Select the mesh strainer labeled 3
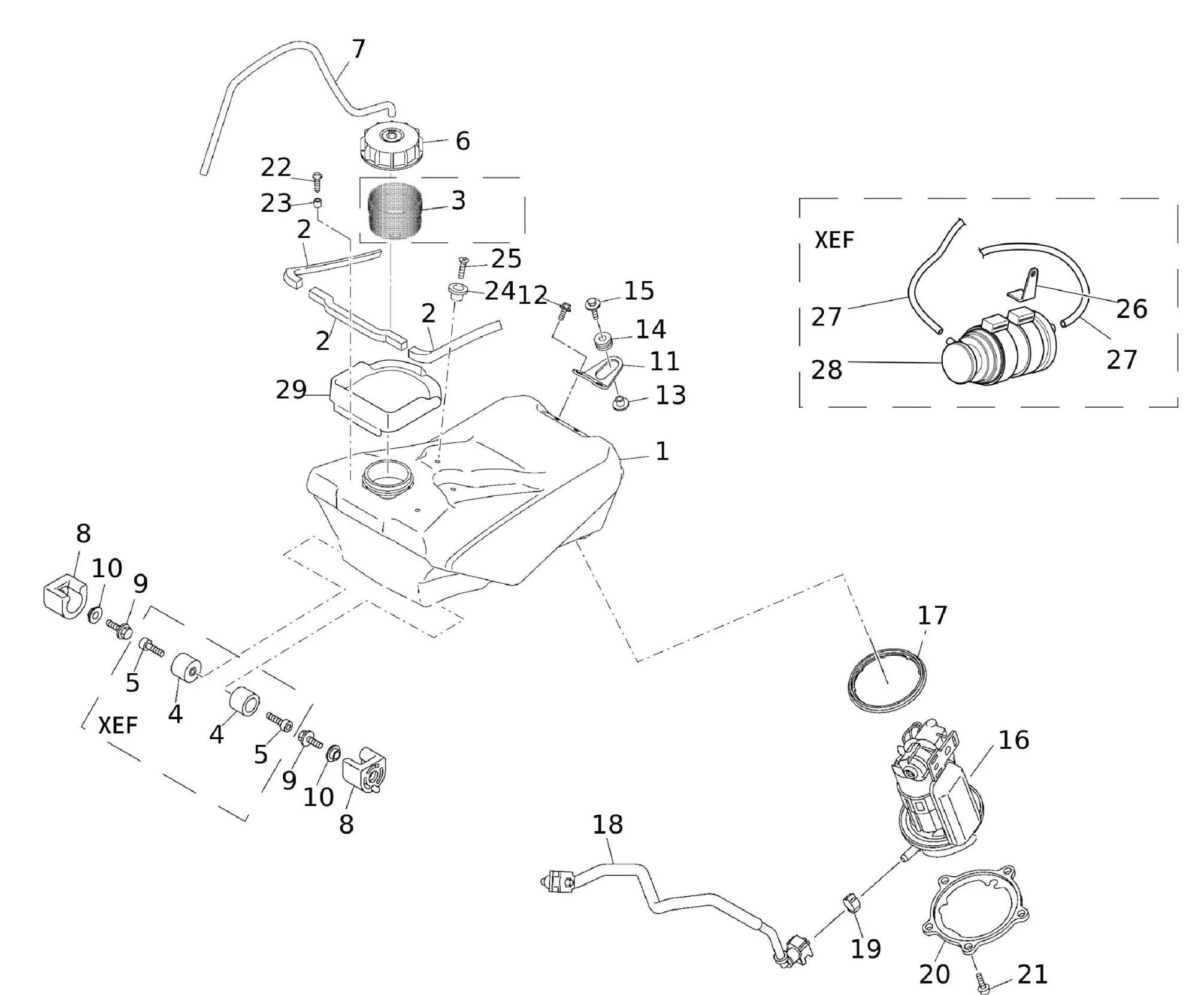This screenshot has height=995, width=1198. (x=394, y=212)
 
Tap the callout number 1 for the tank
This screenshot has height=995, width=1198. (x=661, y=451)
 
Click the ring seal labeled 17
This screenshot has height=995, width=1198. (x=885, y=680)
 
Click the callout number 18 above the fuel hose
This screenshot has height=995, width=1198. (x=607, y=825)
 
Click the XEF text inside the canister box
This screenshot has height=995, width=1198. (x=834, y=240)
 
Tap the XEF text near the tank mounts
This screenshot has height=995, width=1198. (x=118, y=725)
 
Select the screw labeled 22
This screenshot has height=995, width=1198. (x=317, y=179)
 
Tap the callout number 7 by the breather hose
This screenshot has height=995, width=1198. (x=358, y=49)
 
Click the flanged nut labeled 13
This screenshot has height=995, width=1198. (x=618, y=403)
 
